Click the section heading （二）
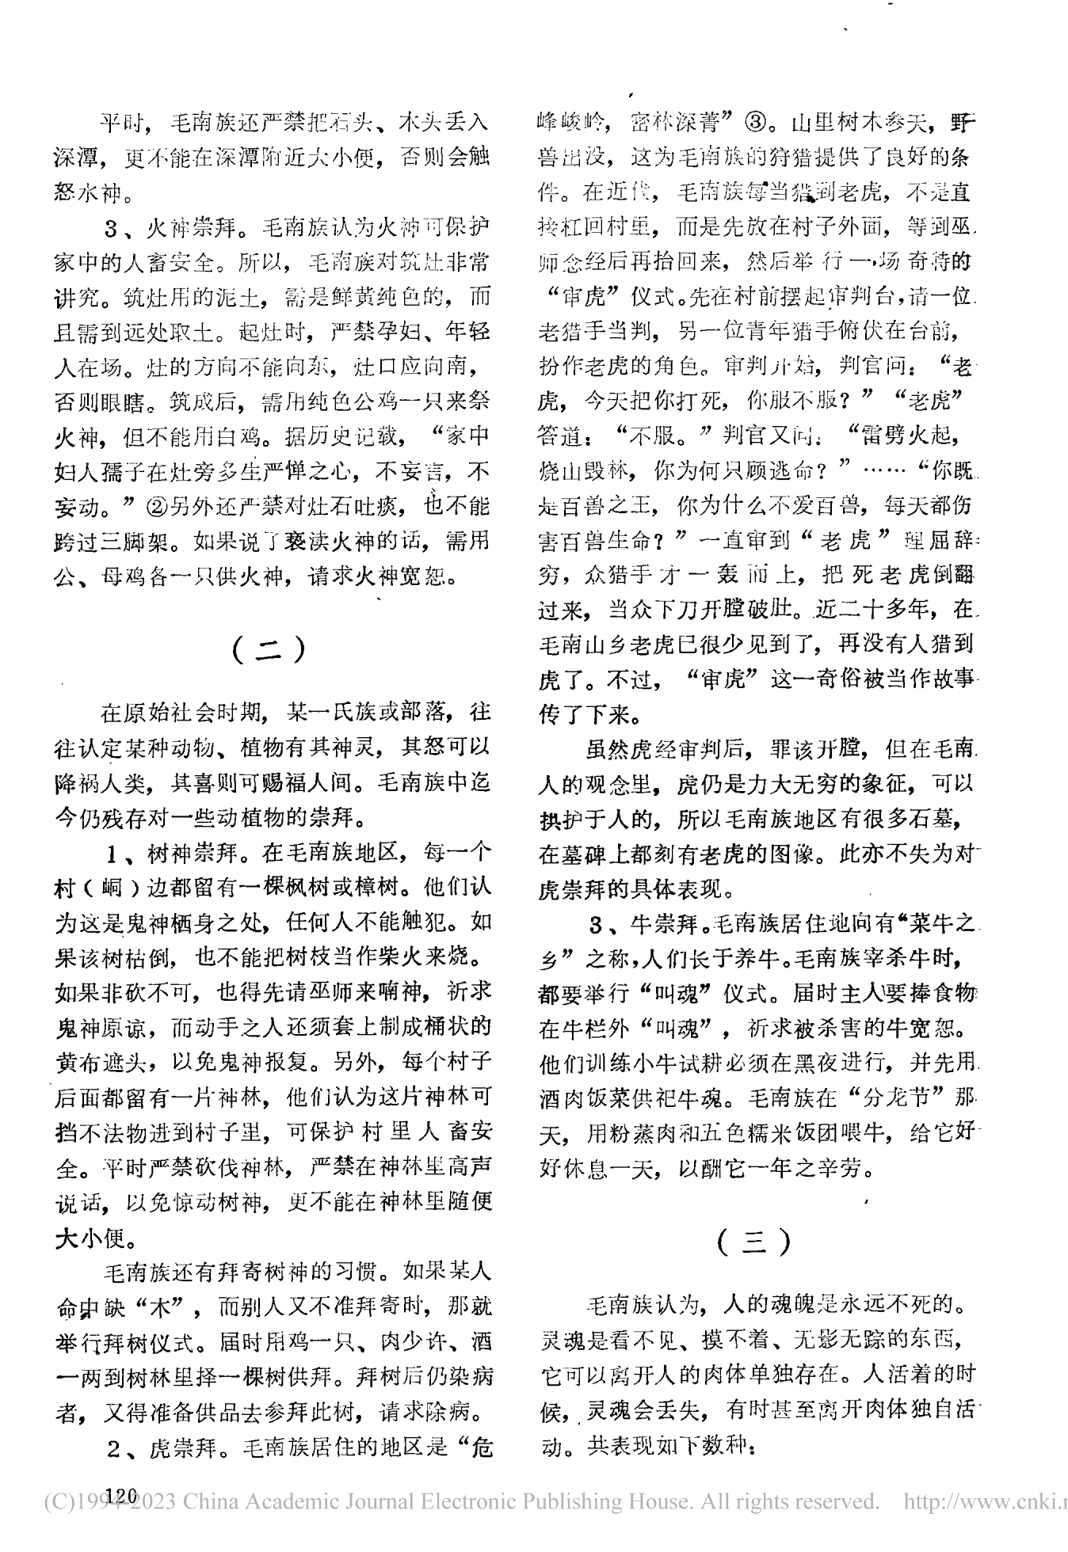270,649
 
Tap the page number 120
117,1493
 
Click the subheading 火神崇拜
191,230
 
